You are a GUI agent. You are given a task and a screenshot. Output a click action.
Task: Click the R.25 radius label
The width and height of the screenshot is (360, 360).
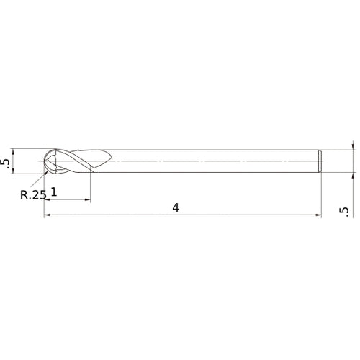pyautogui.click(x=33, y=194)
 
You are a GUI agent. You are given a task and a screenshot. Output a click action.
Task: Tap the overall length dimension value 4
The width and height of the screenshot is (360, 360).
pyautogui.click(x=175, y=207)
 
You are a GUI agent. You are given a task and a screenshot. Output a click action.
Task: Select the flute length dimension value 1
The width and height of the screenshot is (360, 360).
pyautogui.click(x=55, y=192)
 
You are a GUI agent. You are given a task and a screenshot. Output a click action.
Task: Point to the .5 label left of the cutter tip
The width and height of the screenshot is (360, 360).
pyautogui.click(x=7, y=163)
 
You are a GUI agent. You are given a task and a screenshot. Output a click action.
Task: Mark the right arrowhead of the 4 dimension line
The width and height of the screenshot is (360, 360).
pyautogui.click(x=318, y=215)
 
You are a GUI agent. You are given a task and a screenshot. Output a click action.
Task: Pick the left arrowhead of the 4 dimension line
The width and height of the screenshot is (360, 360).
pyautogui.click(x=48, y=215)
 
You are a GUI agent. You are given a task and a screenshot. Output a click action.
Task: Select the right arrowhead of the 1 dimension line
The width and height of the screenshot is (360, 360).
pyautogui.click(x=86, y=199)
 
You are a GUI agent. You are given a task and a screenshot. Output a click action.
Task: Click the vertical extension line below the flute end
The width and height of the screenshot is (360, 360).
pyautogui.click(x=89, y=187)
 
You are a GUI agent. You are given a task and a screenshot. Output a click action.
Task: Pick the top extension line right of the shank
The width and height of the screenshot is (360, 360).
pyautogui.click(x=338, y=150)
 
